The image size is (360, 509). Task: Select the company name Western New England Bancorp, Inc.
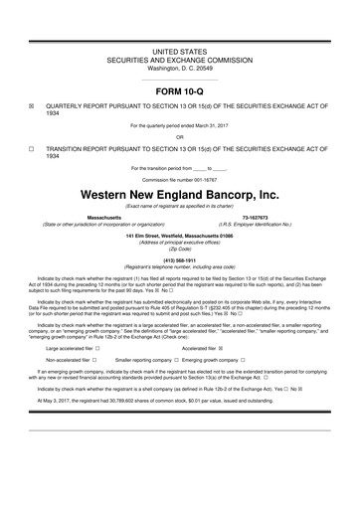click(179, 195)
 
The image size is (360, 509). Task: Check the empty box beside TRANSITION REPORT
click(32, 148)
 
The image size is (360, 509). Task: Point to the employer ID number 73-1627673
click(258, 216)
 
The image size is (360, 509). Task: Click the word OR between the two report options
click(179, 136)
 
